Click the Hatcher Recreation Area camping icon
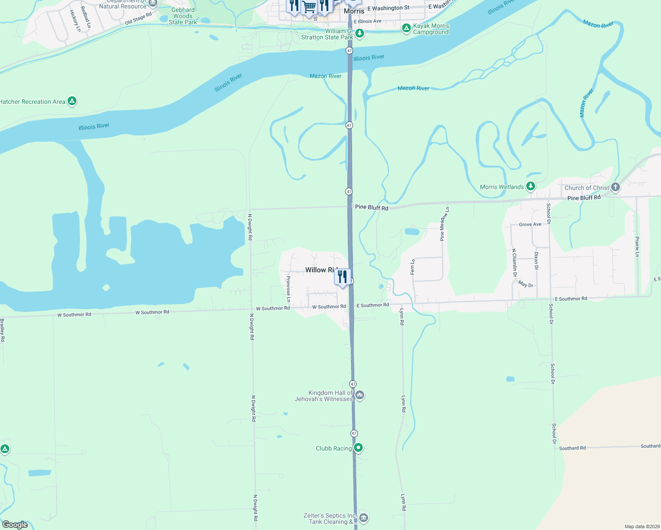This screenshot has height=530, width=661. point(72,101)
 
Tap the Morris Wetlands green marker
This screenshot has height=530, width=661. point(531,186)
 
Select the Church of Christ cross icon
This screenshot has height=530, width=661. point(615,187)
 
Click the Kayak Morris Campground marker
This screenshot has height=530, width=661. point(406,28)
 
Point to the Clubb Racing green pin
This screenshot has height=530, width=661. point(358,448)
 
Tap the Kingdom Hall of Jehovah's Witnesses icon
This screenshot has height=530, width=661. point(360,395)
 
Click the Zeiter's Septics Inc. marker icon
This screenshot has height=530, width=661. point(363,518)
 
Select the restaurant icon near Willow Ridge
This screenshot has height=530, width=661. point(342,277)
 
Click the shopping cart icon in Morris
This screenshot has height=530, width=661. point(309,7)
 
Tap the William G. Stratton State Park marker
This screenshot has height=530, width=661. point(360,33)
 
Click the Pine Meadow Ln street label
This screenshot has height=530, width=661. point(444,223)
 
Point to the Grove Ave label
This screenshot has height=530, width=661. point(530,224)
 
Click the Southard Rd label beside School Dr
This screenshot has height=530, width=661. point(572,448)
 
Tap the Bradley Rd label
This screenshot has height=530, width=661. point(2,330)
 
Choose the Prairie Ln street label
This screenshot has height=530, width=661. point(637,246)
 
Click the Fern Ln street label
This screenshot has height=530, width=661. point(413,267)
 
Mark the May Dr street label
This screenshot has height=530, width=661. point(525,284)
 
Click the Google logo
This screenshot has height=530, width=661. point(15,524)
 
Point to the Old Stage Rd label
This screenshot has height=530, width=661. point(138,19)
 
